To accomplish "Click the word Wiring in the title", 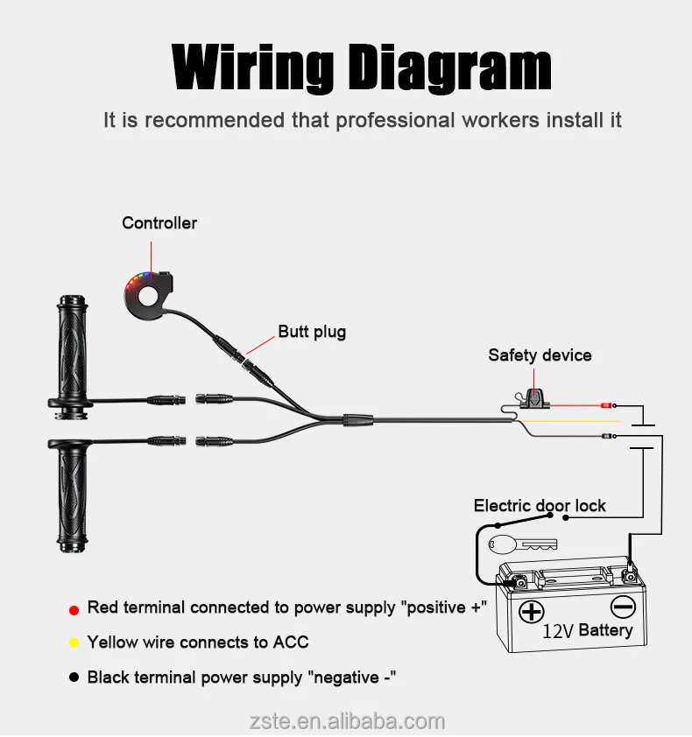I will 252,67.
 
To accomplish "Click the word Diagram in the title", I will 448,67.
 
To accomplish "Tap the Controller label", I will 159,223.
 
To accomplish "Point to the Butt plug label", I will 312,332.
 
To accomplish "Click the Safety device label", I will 540,355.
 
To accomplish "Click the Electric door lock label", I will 540,505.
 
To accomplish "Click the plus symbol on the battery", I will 531,611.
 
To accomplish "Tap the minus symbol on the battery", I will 622,606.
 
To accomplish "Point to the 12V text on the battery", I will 558,631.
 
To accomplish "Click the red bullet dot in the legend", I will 74,609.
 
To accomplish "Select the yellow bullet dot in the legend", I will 74,643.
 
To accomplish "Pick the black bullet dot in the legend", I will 74,677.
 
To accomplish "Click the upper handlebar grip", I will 73,348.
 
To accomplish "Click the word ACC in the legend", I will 291,642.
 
